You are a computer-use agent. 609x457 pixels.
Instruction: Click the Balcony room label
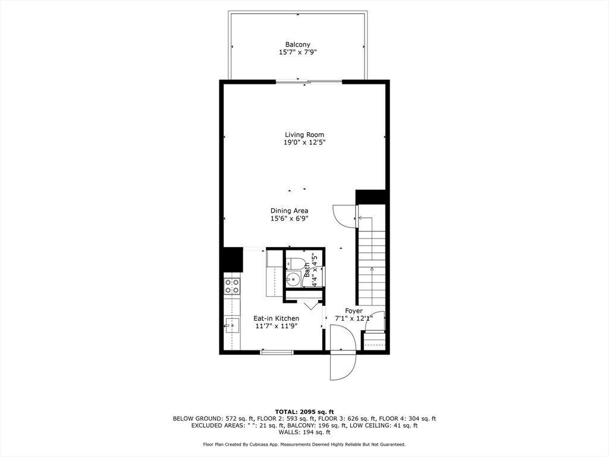point(298,45)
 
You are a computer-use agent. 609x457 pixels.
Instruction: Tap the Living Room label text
point(304,135)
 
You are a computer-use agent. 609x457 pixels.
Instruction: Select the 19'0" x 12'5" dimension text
point(304,143)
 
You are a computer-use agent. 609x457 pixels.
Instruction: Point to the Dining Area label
point(290,211)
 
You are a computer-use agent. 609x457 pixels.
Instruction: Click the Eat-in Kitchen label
point(277,319)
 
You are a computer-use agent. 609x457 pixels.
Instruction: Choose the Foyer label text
point(354,311)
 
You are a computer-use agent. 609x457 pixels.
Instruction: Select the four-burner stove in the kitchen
point(232,286)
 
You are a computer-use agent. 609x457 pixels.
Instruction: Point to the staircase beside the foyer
point(372,261)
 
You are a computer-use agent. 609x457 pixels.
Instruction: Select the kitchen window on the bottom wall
point(277,352)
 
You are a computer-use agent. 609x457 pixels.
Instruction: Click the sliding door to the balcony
point(309,82)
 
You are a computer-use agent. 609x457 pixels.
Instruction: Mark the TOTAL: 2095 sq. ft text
point(304,412)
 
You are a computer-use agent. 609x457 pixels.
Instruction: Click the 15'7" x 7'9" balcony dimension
point(298,52)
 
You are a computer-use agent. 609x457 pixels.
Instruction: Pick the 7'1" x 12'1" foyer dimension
point(354,319)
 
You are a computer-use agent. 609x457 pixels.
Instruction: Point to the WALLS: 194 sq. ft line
point(304,432)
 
